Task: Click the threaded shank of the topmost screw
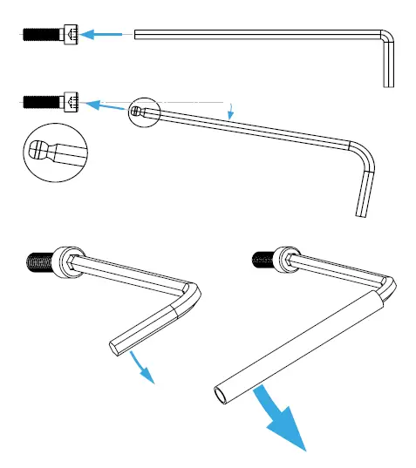click(40, 35)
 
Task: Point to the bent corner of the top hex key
click(385, 39)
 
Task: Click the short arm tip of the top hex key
click(388, 82)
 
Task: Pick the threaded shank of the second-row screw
click(40, 102)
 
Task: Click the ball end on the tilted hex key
click(138, 111)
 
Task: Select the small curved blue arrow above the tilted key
click(229, 110)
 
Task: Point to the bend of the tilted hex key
click(365, 158)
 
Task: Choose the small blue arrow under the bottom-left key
click(141, 368)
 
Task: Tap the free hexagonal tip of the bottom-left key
click(119, 348)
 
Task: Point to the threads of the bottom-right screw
click(263, 258)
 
